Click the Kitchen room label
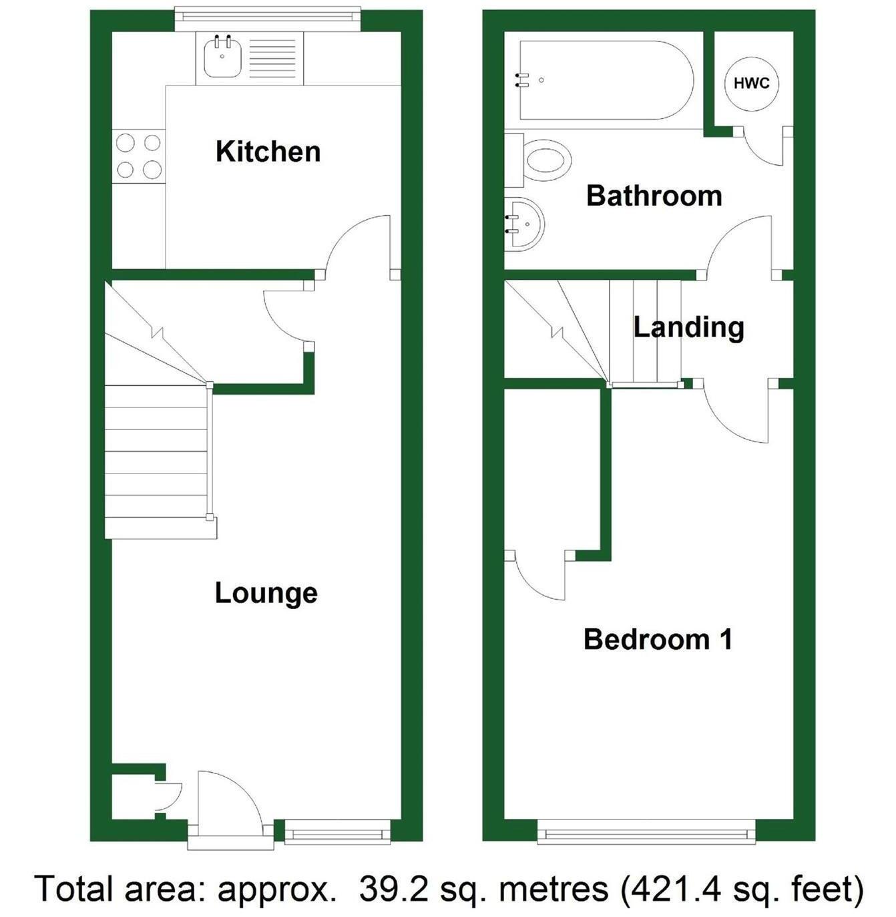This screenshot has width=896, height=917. tap(268, 152)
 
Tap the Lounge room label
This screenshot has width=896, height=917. tap(266, 593)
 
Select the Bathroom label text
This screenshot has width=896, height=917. tap(654, 196)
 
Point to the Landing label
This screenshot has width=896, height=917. tap(688, 327)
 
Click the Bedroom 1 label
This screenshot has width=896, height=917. tap(658, 639)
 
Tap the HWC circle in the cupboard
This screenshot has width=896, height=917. tap(751, 83)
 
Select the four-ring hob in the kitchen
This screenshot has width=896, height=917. tap(139, 156)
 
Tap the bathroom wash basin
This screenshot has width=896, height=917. tap(524, 224)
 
